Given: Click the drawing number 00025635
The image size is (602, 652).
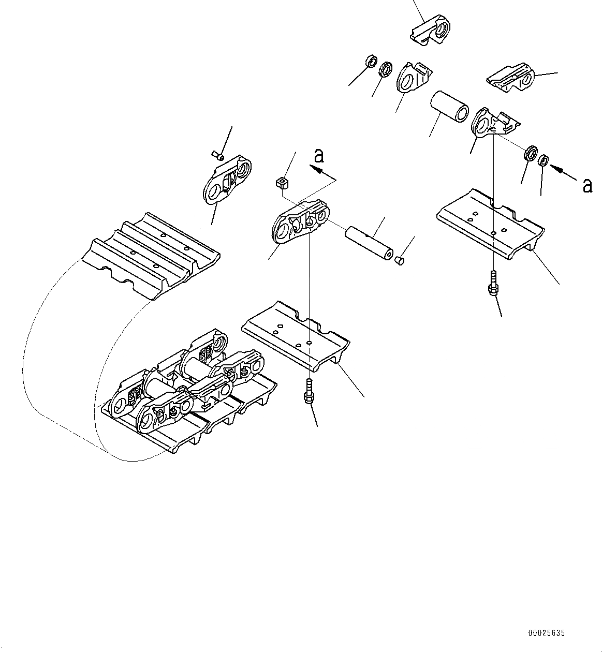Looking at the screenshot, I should tap(547, 632).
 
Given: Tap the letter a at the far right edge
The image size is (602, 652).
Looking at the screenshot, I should tap(586, 185).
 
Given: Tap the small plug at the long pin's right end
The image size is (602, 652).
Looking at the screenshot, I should tap(399, 260).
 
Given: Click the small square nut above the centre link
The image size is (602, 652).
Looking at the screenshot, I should tap(281, 182).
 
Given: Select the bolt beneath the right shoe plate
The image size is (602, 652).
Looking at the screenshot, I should tap(493, 285).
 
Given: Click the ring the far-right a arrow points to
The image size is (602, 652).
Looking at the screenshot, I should tap(543, 160).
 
